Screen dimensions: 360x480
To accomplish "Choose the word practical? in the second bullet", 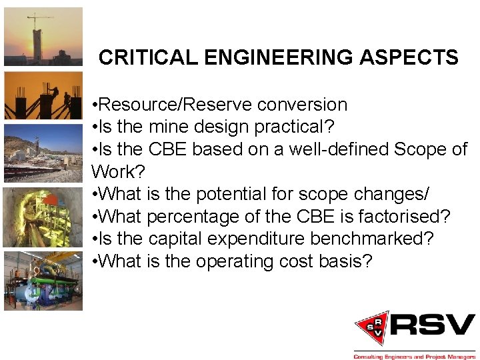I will [x=299, y=127].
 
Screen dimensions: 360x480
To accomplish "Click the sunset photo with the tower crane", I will [x=43, y=37].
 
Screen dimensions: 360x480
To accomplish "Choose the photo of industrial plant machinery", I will [x=43, y=281].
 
